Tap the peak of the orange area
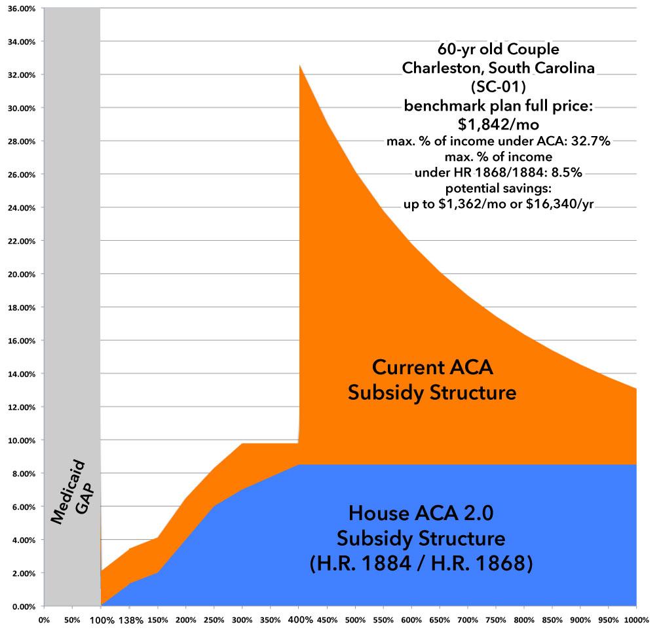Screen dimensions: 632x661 pyautogui.click(x=300, y=65)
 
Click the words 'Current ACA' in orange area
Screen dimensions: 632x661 pyautogui.click(x=432, y=367)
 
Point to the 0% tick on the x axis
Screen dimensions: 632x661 pyautogui.click(x=44, y=619)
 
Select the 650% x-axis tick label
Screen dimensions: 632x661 pyautogui.click(x=439, y=619)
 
